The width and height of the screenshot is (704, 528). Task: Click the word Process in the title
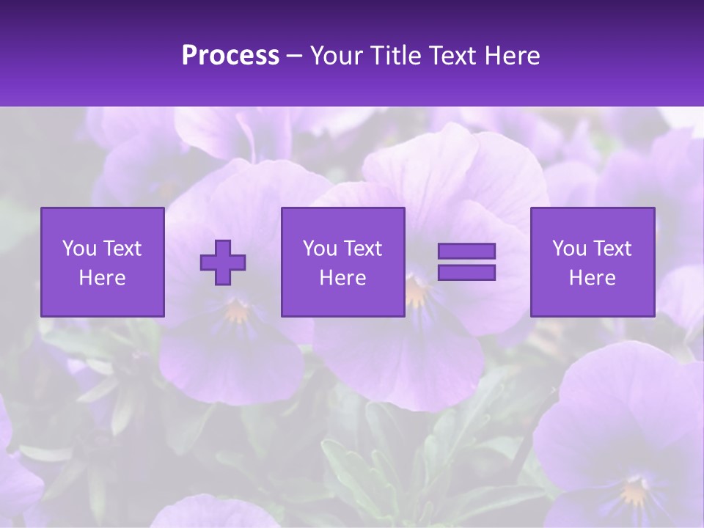pos(230,56)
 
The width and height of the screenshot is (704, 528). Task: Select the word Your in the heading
pos(338,56)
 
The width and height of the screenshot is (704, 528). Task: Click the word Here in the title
pos(511,56)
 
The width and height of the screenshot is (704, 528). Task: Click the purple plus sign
pos(223,263)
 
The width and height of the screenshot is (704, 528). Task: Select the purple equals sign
pos(466,262)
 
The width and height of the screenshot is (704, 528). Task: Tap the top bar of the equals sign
pos(466,252)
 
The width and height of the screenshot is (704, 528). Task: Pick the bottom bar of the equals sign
pos(466,273)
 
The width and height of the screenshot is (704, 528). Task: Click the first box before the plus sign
pos(103,262)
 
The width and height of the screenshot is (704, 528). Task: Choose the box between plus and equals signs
pos(343,262)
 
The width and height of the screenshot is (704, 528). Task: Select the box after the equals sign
pos(593,262)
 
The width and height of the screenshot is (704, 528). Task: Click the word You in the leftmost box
pos(80,249)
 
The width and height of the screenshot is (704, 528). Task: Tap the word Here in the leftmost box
pos(103,278)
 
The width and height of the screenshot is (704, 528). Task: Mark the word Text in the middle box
pos(363,249)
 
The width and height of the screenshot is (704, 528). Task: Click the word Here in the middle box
pos(343,278)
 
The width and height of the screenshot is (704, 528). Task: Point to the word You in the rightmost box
pos(570,249)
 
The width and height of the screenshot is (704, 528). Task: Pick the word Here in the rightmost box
pos(593,278)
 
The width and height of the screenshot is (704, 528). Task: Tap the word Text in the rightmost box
pos(612,249)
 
